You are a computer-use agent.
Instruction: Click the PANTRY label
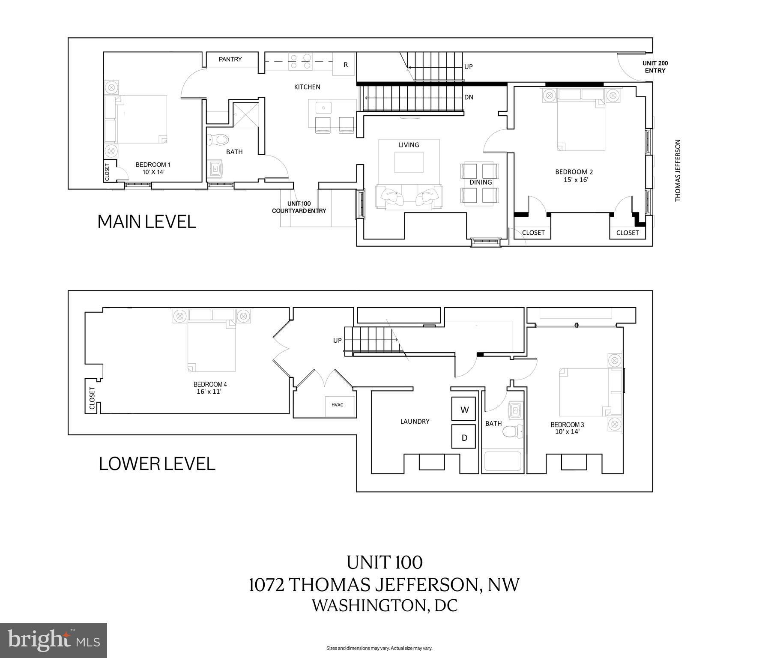point(230,60)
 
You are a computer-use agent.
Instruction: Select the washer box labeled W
point(464,410)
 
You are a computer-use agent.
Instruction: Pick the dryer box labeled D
point(464,437)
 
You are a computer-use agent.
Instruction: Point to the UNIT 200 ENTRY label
point(655,67)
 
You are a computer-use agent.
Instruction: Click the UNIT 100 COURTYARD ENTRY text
point(299,207)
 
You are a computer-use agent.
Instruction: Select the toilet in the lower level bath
point(513,431)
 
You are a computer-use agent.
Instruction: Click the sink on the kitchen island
point(323,107)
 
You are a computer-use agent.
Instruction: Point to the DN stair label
point(469,97)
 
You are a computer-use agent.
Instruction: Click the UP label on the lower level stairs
point(338,341)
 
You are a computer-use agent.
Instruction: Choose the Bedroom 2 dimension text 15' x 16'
point(576,180)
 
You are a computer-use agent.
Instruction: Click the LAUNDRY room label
point(415,422)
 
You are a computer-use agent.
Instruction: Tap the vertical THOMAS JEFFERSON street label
point(678,170)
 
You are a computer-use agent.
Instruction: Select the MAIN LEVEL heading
point(147,221)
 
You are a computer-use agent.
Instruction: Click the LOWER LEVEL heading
point(157,464)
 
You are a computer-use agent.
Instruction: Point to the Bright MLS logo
point(54,640)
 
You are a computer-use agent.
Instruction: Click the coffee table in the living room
point(409,162)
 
